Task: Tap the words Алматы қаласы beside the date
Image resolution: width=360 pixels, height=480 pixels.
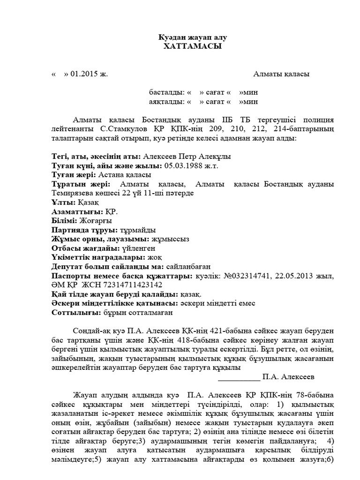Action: click(x=281, y=74)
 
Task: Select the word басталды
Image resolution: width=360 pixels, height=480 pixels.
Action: click(x=165, y=92)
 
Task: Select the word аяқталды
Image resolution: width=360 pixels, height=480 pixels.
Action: click(x=165, y=101)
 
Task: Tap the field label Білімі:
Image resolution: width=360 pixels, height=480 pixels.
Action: click(x=66, y=220)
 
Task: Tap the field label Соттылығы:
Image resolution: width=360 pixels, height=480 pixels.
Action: click(x=75, y=312)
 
